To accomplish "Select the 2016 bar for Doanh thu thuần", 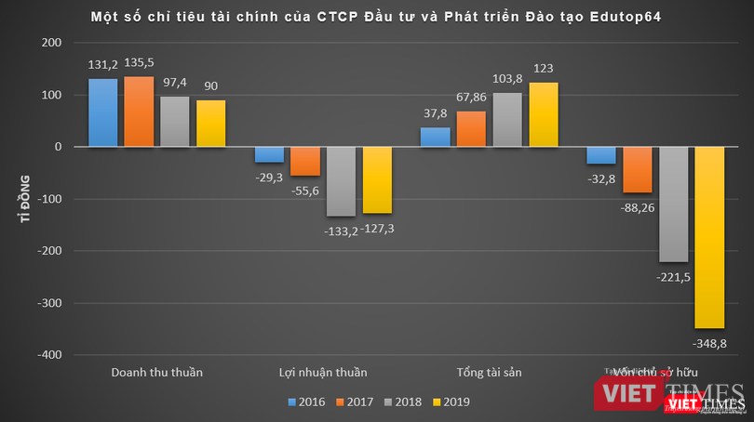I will (x=103, y=112).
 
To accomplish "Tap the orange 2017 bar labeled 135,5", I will (x=139, y=112).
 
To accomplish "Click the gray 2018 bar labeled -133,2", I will (x=342, y=181).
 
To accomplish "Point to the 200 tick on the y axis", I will (x=52, y=43).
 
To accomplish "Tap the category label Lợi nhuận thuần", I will (x=323, y=373).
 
